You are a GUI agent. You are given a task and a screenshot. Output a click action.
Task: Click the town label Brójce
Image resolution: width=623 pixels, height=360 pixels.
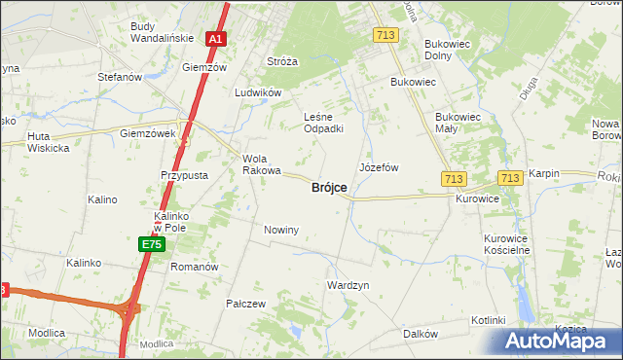(328, 188)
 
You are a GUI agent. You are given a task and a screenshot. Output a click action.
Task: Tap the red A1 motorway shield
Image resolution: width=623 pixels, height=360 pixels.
(216, 40)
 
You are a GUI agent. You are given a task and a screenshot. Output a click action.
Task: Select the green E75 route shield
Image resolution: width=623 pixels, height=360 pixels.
(150, 244)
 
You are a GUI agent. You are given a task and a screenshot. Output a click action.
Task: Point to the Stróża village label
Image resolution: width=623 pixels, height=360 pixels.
(282, 61)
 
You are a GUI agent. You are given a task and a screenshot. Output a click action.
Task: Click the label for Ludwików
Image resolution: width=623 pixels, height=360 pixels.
(258, 93)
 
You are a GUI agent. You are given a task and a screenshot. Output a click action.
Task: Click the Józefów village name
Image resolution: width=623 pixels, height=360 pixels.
(379, 167)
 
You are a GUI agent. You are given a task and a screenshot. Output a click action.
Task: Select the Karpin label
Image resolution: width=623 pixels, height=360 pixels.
(544, 173)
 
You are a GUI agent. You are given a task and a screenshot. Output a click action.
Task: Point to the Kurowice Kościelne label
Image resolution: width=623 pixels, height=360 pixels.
(506, 243)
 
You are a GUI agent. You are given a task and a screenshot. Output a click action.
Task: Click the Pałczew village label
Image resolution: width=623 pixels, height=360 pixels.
(246, 304)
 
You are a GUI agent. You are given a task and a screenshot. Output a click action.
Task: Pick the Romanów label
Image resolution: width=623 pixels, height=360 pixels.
(194, 266)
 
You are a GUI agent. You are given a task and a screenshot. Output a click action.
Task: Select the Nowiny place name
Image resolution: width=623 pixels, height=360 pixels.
(280, 230)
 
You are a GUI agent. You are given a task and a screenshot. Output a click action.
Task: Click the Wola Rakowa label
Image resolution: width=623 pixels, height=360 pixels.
(259, 164)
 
